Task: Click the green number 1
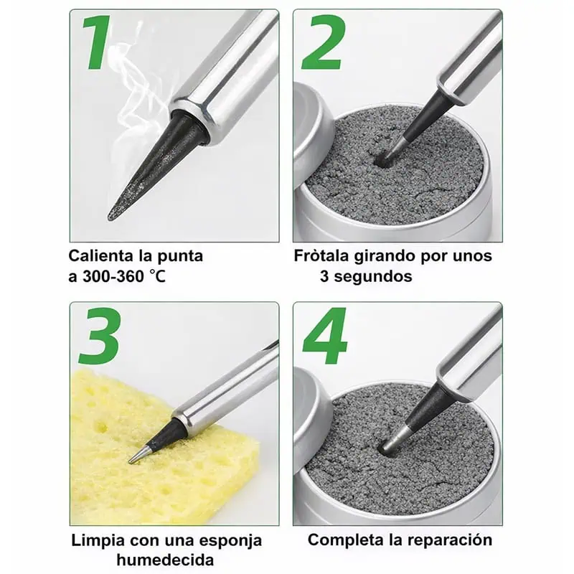click(x=97, y=42)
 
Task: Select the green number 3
click(x=100, y=336)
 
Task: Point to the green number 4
click(x=325, y=336)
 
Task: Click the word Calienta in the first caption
click(x=100, y=256)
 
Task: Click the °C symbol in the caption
click(x=157, y=276)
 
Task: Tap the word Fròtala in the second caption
click(x=321, y=256)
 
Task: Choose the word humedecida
click(x=165, y=560)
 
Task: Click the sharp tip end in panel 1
click(x=110, y=218)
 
